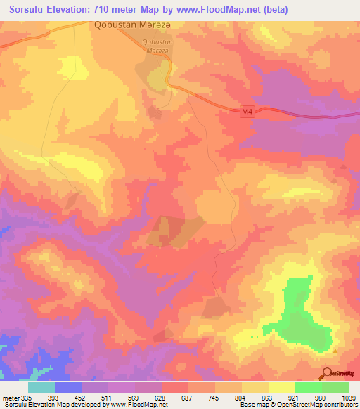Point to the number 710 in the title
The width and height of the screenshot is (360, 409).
117,10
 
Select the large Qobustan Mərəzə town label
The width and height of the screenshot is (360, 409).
133,25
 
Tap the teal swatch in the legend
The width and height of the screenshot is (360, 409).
41,387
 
